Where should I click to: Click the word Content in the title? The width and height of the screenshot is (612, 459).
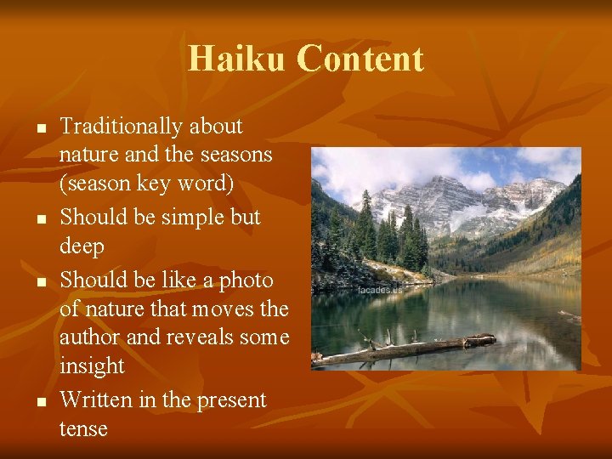pyautogui.click(x=360, y=59)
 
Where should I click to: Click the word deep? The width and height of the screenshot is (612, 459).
pyautogui.click(x=82, y=247)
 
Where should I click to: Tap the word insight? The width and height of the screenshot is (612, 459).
pyautogui.click(x=91, y=366)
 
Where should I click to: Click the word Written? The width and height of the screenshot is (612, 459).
pyautogui.click(x=96, y=399)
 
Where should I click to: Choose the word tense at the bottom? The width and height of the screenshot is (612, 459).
pyautogui.click(x=83, y=428)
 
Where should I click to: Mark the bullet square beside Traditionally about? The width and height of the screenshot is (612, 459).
pyautogui.click(x=39, y=128)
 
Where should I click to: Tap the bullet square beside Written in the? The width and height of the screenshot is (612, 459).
pyautogui.click(x=39, y=401)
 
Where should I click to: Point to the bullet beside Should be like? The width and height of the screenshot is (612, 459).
pyautogui.click(x=39, y=281)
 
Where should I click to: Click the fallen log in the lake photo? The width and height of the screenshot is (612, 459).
pyautogui.click(x=408, y=348)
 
